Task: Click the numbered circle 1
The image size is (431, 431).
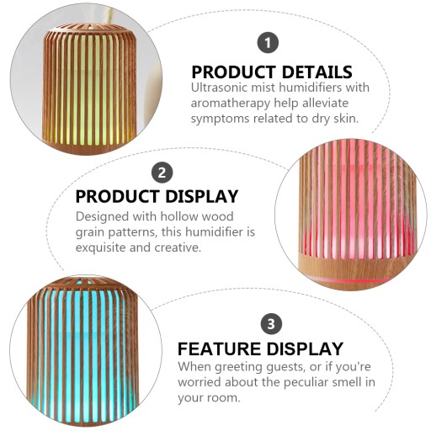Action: coord(268,43)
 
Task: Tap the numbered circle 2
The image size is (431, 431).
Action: coord(162,173)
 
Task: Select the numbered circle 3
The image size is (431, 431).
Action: coord(271,323)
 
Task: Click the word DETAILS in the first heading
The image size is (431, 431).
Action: coord(317,72)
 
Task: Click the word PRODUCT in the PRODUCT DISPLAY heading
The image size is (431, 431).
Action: coord(118,196)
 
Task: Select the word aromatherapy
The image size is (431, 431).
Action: coord(231,104)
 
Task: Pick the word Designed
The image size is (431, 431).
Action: coord(102,217)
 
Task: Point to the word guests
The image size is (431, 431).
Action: coord(285,367)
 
